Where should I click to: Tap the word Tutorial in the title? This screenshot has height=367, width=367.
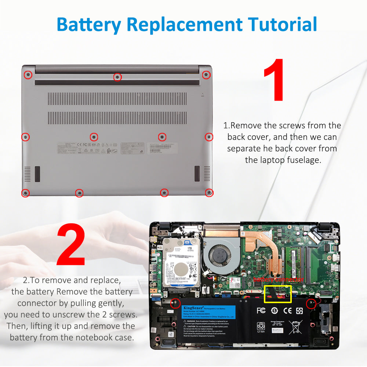[x=282, y=24]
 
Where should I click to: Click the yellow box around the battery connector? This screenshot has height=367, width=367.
[x=278, y=294]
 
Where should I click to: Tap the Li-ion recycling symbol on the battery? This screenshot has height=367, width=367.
[x=261, y=327]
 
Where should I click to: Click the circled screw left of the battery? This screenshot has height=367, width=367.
[x=175, y=303]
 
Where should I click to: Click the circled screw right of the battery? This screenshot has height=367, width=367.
[x=311, y=304]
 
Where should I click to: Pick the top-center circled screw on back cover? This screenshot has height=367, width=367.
[x=117, y=77]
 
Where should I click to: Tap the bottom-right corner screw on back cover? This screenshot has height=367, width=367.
[x=209, y=192]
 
